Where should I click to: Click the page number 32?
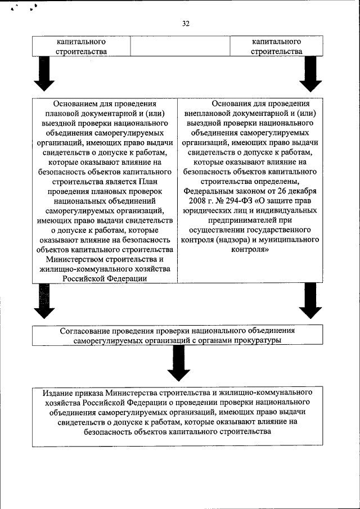[x=186, y=24]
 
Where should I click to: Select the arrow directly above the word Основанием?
[x=44, y=75]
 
